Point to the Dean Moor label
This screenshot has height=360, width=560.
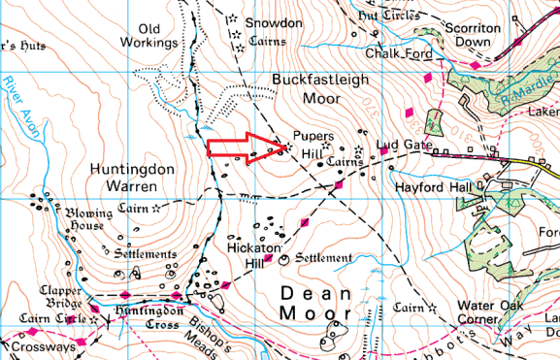point(314,302)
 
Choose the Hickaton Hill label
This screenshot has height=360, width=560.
point(247,254)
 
